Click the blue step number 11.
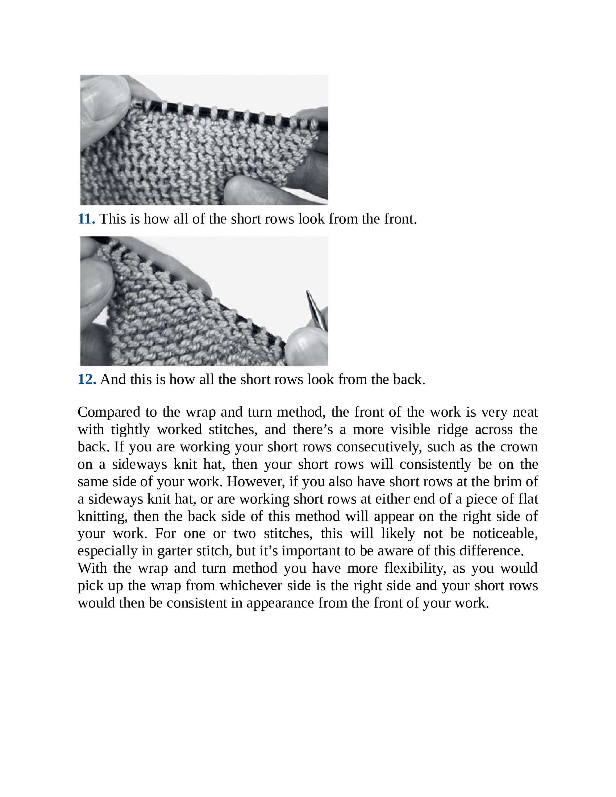coord(87,219)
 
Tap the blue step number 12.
coord(87,380)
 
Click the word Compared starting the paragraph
coord(109,412)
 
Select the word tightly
coord(130,430)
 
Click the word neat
coord(525,412)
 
